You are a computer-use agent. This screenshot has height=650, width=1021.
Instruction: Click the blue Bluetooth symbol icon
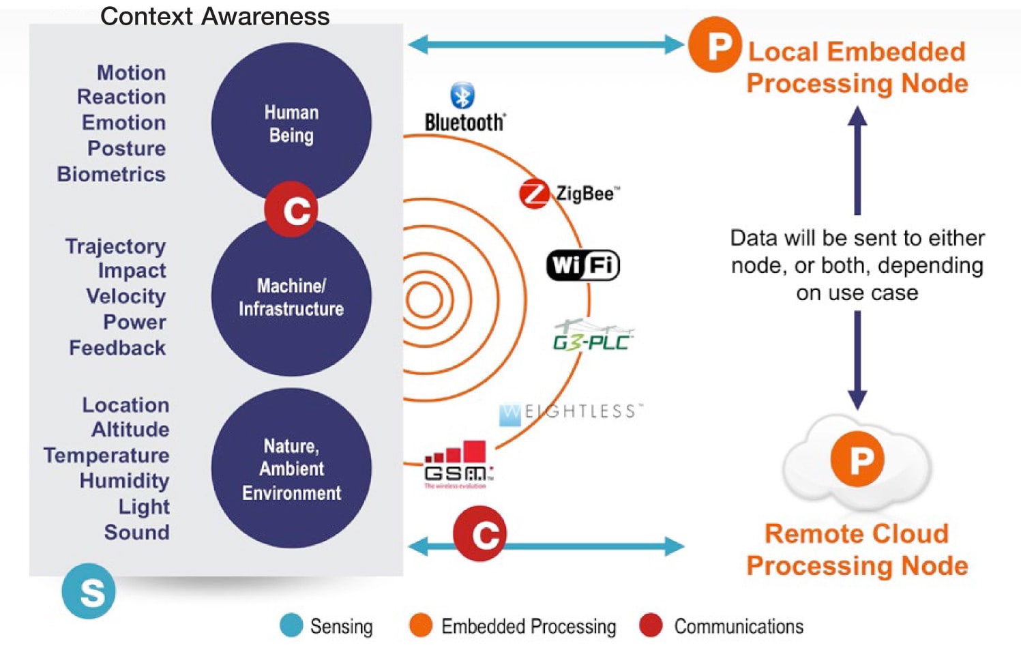coord(462,96)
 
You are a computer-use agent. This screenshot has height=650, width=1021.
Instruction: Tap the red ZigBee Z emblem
coord(533,194)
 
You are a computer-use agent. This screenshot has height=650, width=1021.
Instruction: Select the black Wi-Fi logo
coord(583,265)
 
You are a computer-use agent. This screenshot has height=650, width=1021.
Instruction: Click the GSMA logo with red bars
coord(456,464)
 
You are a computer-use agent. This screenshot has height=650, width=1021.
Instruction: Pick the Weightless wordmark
coord(571,413)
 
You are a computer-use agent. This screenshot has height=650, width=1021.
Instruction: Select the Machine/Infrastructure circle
coord(291,297)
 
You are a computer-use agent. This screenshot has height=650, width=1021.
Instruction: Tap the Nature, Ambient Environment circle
coord(291,469)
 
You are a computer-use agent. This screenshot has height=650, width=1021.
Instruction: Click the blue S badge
coord(89,591)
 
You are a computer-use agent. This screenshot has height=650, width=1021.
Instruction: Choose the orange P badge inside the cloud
coord(857,459)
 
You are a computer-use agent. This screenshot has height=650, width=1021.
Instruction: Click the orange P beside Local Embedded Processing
coord(715,45)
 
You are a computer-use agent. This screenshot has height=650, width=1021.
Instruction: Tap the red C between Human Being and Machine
coord(291,209)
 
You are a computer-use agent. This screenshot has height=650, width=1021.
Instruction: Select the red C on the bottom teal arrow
coord(480,534)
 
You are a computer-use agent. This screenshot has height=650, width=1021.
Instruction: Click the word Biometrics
coord(111,175)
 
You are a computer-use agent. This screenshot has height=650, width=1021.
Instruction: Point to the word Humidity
coord(124,481)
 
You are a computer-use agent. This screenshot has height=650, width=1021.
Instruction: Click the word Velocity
coord(125,297)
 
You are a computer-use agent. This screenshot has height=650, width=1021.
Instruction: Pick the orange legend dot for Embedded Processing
coord(421,625)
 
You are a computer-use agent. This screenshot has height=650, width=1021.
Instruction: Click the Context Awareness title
coord(215,16)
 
